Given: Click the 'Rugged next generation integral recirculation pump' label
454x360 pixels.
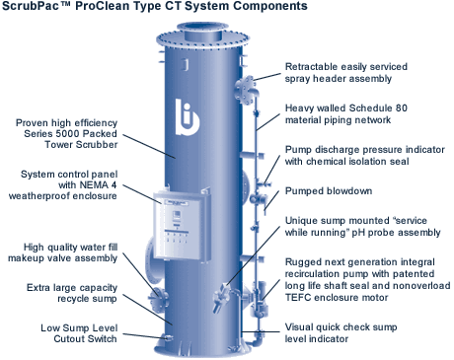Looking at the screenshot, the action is pos(364,279).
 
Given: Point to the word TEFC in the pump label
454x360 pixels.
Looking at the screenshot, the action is pos(300,304).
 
